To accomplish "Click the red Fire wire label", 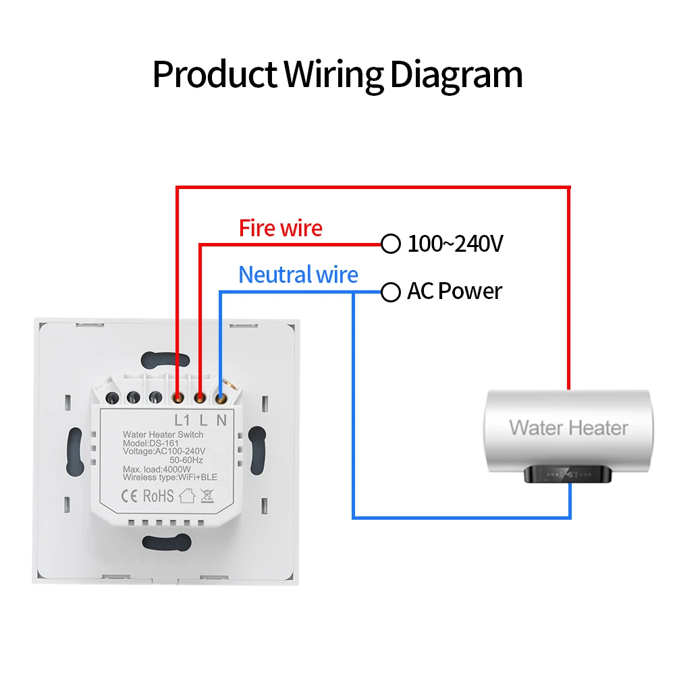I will pos(280,228).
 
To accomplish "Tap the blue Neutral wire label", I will pos(298,275).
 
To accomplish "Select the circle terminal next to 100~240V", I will pos(391,244).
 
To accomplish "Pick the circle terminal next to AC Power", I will pos(391,292).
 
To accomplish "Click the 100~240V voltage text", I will pos(455,244).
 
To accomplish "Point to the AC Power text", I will pos(454,292).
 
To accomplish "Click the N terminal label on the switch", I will pos(221,419).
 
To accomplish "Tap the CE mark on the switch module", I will pos(130,496).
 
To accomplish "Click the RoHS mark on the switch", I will pos(158,496).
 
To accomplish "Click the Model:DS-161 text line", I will pos(148,443).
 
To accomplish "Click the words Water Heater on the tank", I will pos(568,427).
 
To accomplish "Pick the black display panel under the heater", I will pos(568,474).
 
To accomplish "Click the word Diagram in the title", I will pos(456,74).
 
